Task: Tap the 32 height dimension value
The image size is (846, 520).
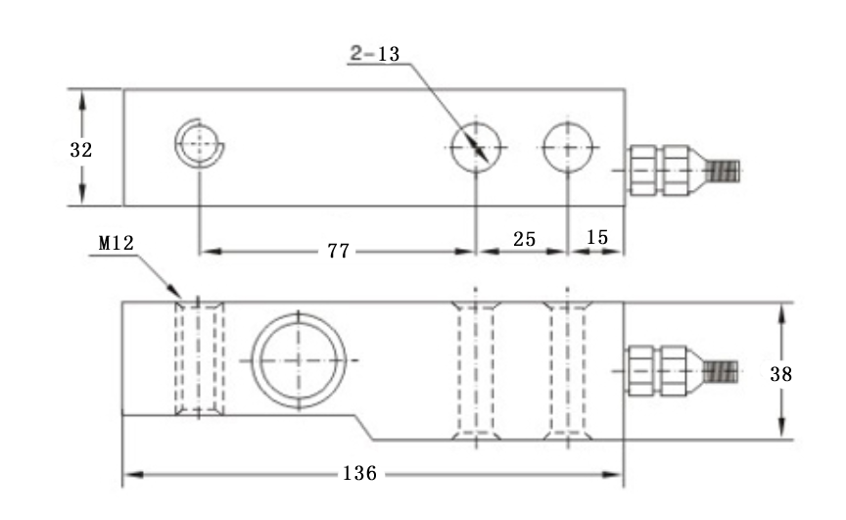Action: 81,150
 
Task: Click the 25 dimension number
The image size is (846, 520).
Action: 523,238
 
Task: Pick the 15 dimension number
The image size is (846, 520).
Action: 596,238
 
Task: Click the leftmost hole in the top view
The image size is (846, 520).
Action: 200,145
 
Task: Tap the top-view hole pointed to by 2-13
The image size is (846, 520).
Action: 476,146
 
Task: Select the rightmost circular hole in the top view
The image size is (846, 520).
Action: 569,146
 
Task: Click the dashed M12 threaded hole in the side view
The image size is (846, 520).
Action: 199,358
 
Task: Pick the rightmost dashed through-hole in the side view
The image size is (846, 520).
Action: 569,368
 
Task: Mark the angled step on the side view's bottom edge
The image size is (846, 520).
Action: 364,427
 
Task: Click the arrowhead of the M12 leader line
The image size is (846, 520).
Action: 179,294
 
